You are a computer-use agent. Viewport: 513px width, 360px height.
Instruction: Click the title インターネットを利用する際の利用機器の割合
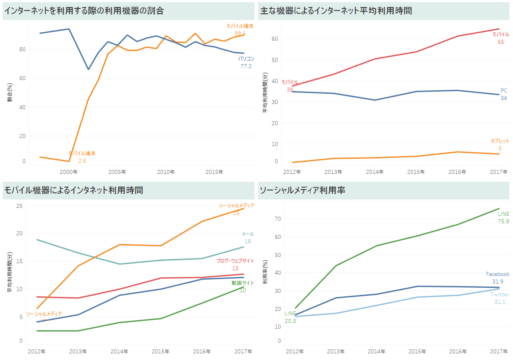pyautogui.click(x=84, y=11)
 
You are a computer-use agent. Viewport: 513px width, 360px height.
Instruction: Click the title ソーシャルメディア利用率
pyautogui.click(x=302, y=191)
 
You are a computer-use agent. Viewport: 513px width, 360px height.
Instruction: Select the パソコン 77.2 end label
pyautogui.click(x=246, y=62)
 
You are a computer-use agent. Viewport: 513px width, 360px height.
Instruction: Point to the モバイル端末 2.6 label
pyautogui.click(x=82, y=157)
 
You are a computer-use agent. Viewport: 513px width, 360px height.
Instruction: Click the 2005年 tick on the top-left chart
pyautogui.click(x=117, y=172)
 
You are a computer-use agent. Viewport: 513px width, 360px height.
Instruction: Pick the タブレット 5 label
pyautogui.click(x=500, y=145)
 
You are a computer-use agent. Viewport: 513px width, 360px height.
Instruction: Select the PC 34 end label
pyautogui.click(x=504, y=94)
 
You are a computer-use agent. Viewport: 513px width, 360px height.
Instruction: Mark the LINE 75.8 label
pyautogui.click(x=503, y=218)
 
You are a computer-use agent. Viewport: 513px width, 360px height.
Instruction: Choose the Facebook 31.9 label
pyautogui.click(x=498, y=278)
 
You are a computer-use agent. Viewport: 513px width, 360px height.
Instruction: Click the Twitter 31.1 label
pyautogui.click(x=500, y=298)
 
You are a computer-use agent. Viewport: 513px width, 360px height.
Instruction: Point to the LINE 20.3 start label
pyautogui.click(x=290, y=317)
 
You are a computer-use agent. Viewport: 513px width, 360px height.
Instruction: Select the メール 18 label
pyautogui.click(x=247, y=237)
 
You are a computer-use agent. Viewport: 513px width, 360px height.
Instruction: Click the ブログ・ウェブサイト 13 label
pyautogui.click(x=235, y=264)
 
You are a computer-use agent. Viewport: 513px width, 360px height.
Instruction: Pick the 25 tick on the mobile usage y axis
pyautogui.click(x=19, y=206)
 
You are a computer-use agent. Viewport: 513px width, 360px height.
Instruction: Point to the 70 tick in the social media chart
pyautogui.click(x=278, y=218)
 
